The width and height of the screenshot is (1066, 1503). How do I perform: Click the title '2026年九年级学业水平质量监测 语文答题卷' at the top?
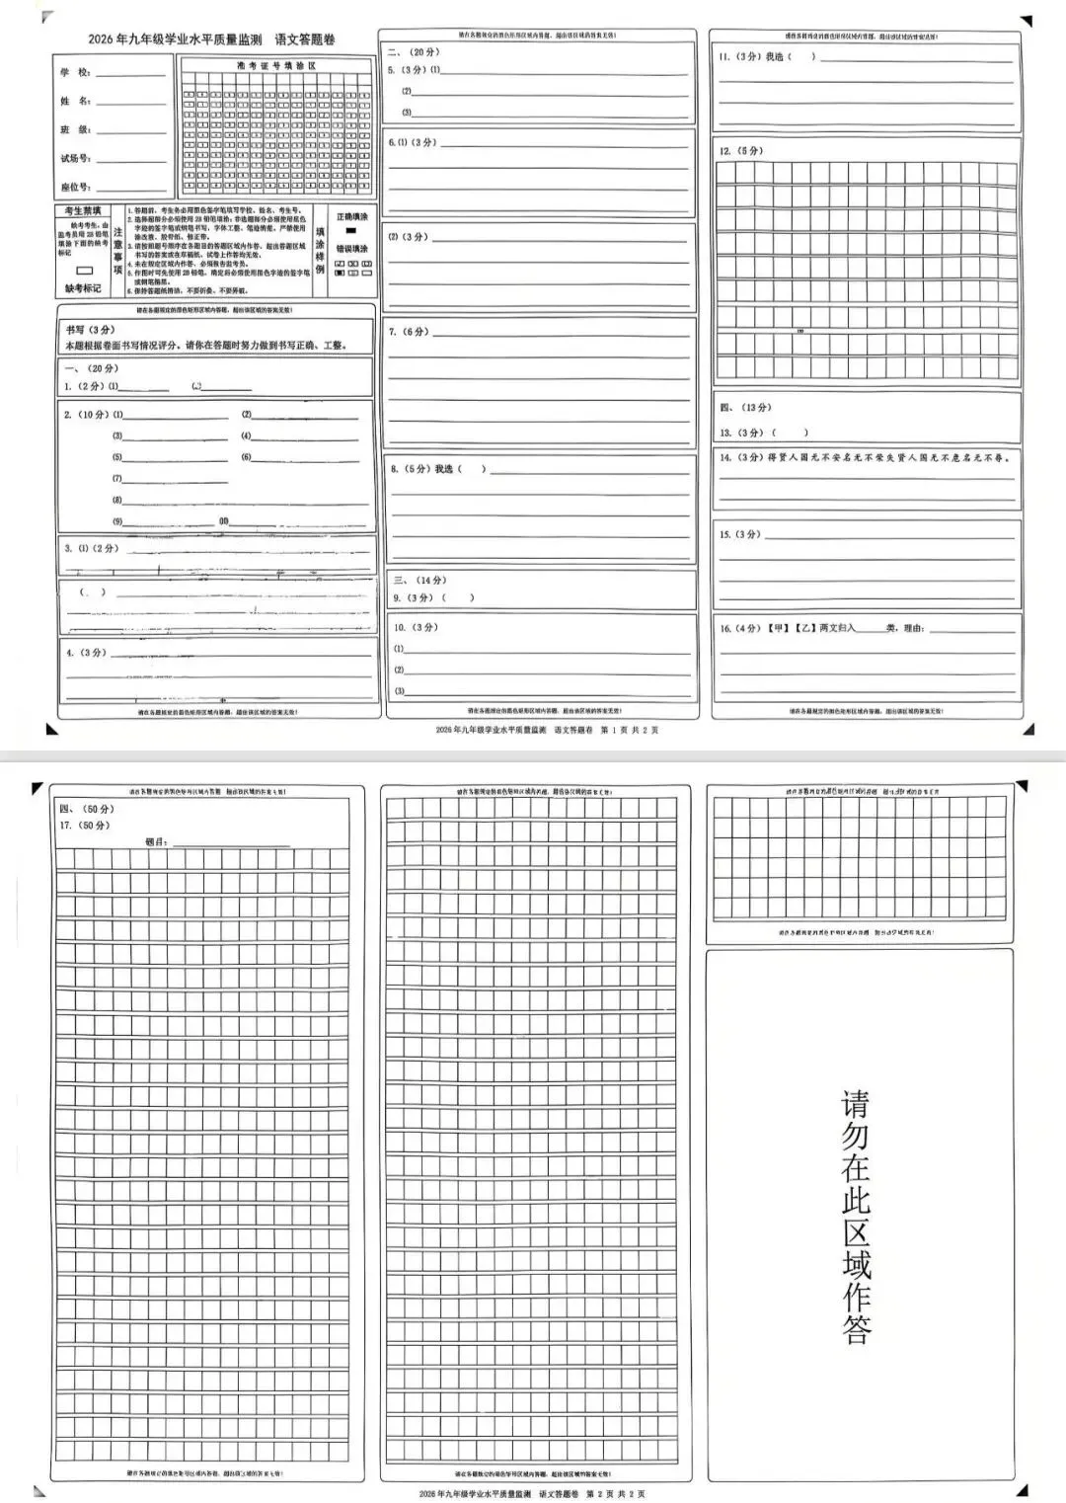pyautogui.click(x=211, y=40)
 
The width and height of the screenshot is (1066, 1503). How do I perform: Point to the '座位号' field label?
pyautogui.click(x=75, y=187)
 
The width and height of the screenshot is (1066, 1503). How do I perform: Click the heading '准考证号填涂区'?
pyautogui.click(x=275, y=65)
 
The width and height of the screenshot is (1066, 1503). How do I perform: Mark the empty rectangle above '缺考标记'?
pyautogui.click(x=84, y=271)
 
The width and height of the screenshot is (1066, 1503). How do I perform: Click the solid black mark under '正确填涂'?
pyautogui.click(x=350, y=230)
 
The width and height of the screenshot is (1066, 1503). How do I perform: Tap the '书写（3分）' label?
pyautogui.click(x=90, y=330)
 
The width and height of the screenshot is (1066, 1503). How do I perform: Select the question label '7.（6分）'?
pyautogui.click(x=409, y=332)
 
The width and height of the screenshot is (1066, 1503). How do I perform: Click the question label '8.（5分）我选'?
pyautogui.click(x=421, y=469)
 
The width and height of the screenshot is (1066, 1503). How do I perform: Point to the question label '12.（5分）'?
pyautogui.click(x=740, y=151)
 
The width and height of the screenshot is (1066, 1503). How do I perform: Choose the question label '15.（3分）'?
pyautogui.click(x=740, y=534)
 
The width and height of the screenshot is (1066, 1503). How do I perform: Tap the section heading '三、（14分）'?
pyautogui.click(x=419, y=581)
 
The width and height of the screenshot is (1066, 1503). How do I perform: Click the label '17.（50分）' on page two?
pyautogui.click(x=85, y=825)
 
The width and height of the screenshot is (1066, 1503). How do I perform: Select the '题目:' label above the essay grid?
pyautogui.click(x=156, y=842)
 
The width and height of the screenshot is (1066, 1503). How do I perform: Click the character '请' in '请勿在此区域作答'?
pyautogui.click(x=856, y=1103)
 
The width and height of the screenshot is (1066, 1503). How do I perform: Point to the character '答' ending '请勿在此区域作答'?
pyautogui.click(x=856, y=1328)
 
